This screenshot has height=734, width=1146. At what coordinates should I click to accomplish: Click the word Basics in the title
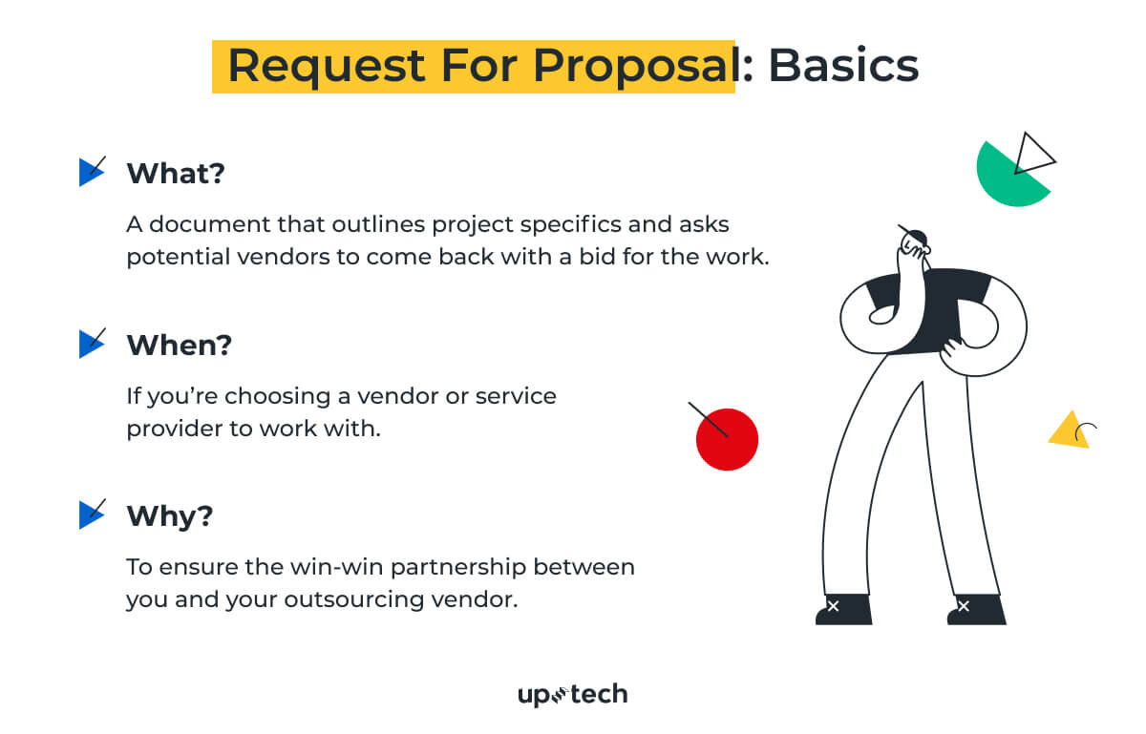[843, 65]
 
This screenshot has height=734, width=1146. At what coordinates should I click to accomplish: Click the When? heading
[180, 345]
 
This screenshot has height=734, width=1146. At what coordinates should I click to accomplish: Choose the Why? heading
[170, 516]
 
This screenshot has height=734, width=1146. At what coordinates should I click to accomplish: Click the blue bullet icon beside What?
[91, 172]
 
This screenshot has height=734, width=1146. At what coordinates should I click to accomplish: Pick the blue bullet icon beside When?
[91, 344]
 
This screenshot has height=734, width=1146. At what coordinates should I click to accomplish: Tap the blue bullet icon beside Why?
[91, 515]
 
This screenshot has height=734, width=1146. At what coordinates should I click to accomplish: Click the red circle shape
[727, 439]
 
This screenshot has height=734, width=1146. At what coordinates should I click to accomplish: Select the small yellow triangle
[1068, 431]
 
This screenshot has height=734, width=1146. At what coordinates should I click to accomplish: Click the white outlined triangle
[1033, 155]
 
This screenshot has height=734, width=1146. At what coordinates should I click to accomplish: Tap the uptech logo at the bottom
[572, 695]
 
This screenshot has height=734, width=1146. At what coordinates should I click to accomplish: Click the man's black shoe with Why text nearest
[843, 609]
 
